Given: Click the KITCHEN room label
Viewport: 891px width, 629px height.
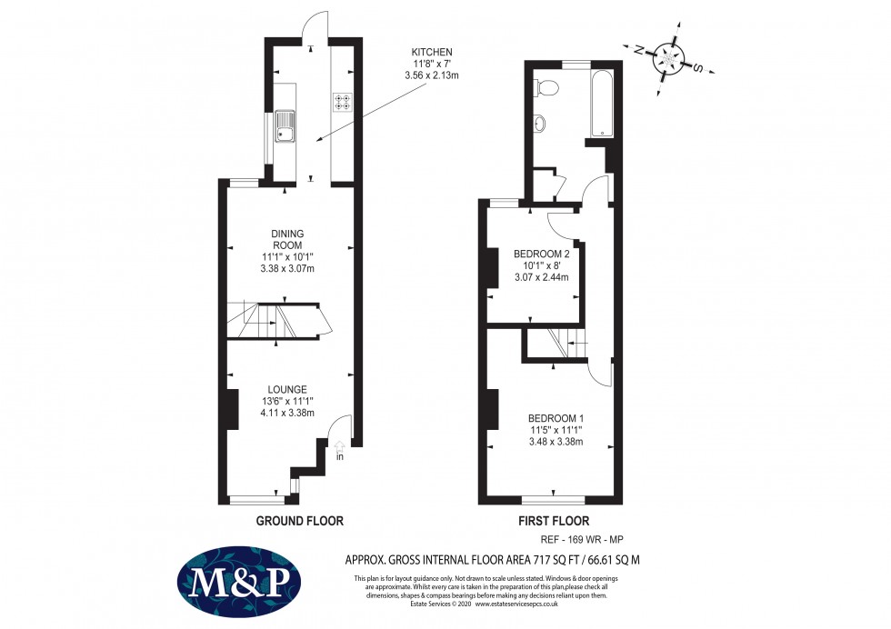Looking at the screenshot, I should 432,52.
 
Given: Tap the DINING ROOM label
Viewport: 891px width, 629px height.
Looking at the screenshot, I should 286,234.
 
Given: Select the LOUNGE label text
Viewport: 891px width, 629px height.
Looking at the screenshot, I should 286,389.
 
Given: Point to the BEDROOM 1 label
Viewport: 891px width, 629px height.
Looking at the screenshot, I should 556,418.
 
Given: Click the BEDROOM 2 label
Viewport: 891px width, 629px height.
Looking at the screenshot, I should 541,254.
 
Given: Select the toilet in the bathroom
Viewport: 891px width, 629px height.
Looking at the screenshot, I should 546,87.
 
